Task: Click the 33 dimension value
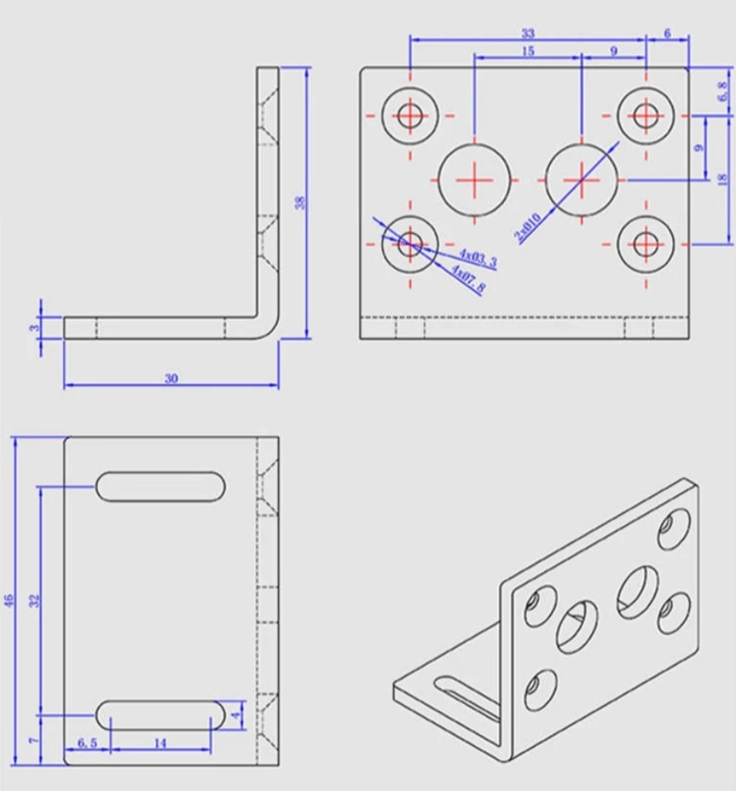point(528,34)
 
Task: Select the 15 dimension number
point(528,51)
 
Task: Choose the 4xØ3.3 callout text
point(478,259)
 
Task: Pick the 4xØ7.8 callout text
point(468,278)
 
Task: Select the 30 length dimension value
point(171,379)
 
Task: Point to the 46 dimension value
point(9,599)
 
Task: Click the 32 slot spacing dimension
point(34,599)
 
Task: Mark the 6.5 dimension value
point(87,744)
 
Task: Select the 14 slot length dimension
point(160,744)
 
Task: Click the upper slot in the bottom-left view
point(161,486)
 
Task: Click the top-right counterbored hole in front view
point(646,115)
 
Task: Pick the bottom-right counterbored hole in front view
point(646,244)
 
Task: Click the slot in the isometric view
point(461,696)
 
